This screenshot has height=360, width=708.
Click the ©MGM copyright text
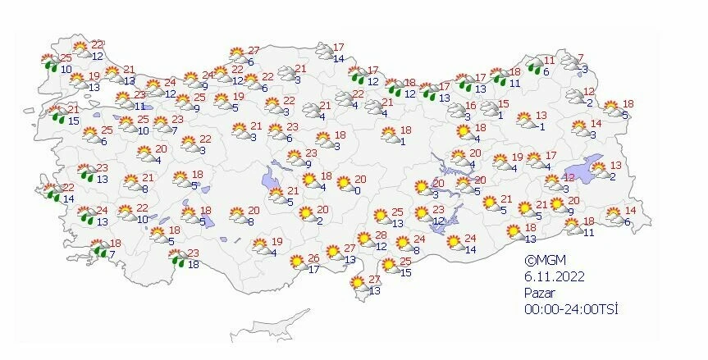point(545,260)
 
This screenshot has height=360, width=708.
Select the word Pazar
point(541,293)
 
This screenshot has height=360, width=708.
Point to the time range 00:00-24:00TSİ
point(571,309)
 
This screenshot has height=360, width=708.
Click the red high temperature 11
point(550,61)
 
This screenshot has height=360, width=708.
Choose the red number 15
point(505,103)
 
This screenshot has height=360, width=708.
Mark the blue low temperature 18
point(194,263)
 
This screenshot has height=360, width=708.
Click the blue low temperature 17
point(313,269)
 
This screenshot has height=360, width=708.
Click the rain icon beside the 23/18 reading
point(176,259)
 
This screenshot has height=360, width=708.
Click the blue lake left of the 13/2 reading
point(592,164)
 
